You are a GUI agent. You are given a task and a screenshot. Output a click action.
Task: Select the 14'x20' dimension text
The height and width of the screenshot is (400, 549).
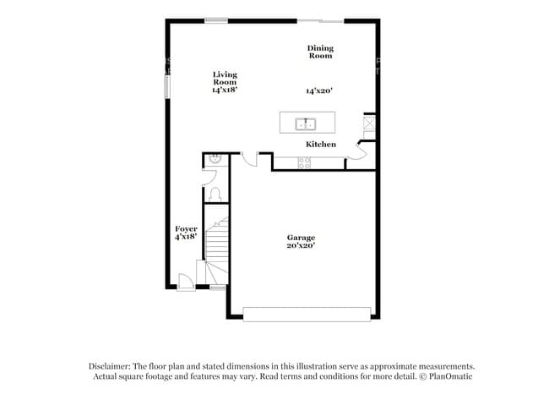[x=320, y=90]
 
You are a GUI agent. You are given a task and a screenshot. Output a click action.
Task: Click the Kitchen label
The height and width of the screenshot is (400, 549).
[x=321, y=145]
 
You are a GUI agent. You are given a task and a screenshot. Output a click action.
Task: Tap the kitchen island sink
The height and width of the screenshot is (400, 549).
[x=306, y=124]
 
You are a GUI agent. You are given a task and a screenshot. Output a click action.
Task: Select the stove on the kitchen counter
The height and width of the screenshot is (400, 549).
[x=305, y=164]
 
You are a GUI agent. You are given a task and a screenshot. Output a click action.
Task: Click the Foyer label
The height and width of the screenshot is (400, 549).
[x=186, y=228]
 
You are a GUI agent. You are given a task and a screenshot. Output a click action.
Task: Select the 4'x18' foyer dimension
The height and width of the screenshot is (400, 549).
[x=186, y=237]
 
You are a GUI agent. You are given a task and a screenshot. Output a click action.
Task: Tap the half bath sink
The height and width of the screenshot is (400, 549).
[x=215, y=158]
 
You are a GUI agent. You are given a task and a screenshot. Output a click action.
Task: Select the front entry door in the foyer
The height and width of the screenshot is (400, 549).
[x=185, y=282]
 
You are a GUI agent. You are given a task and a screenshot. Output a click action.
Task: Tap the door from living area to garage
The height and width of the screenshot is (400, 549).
[x=249, y=158]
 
